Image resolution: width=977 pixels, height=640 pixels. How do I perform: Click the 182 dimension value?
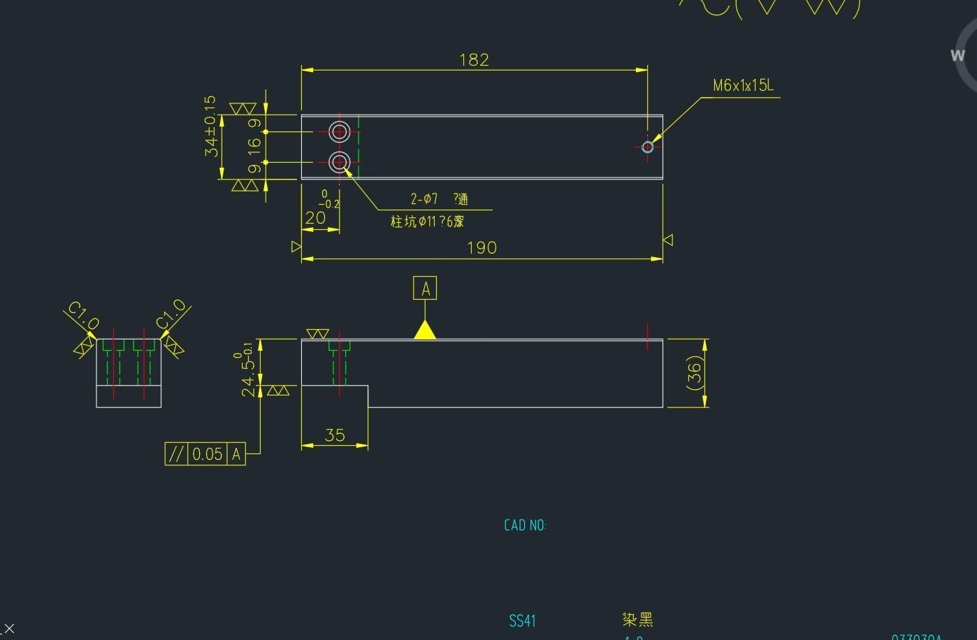(x=474, y=60)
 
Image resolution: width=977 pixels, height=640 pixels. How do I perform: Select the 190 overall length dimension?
(x=482, y=247)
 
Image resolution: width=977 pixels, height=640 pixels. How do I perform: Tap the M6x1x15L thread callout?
(x=743, y=86)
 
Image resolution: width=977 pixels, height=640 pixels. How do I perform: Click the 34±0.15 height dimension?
(x=211, y=126)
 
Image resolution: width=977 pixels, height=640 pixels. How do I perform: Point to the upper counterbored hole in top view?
(x=340, y=131)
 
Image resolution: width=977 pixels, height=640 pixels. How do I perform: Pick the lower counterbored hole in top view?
(x=340, y=163)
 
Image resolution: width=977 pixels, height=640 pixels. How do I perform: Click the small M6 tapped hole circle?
(x=647, y=147)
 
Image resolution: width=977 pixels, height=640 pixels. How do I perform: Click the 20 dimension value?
(x=315, y=218)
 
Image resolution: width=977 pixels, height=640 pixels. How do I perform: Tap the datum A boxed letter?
(x=425, y=288)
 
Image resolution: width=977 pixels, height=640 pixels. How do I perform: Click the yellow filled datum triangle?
(x=425, y=330)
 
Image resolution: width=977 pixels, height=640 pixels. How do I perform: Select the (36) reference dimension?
(x=694, y=373)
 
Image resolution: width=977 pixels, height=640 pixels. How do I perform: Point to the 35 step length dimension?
(x=335, y=435)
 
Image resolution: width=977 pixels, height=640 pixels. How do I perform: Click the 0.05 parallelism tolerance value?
(x=207, y=454)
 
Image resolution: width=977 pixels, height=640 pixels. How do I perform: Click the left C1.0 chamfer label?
(x=83, y=316)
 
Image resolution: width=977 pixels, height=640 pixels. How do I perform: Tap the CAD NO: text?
(x=525, y=525)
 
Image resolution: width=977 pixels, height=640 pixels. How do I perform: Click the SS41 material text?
(x=522, y=620)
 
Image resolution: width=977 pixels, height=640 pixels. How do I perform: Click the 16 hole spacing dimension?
(x=254, y=147)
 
